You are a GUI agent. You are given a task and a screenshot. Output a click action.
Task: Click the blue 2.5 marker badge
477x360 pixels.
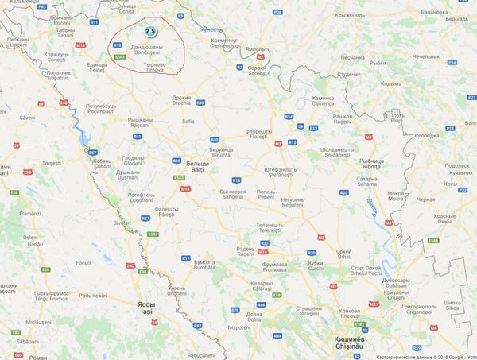coord(149,31)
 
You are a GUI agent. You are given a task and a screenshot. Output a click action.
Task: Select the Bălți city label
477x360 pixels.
coord(196,165)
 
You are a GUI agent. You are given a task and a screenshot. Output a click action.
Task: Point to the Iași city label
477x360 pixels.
coord(146,307)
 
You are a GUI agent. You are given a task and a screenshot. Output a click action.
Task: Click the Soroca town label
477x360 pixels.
coord(257,70)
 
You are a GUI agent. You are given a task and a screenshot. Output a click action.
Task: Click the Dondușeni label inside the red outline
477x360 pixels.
coord(147,50)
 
